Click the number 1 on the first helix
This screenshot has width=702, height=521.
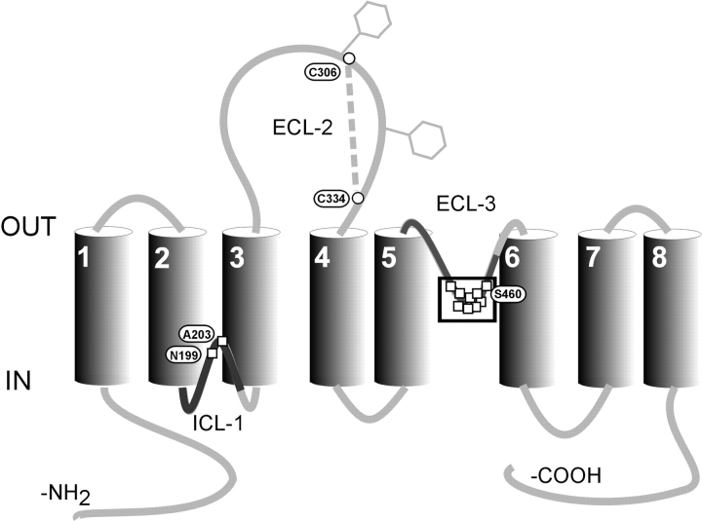pos(85,259)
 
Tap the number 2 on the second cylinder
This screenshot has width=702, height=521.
pos(162,259)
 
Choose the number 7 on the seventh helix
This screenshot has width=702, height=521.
pos(594,260)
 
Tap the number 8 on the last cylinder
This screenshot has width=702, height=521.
pos(657,260)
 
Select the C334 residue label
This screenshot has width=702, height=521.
pos(331,199)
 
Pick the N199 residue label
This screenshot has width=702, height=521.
pos(182,355)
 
